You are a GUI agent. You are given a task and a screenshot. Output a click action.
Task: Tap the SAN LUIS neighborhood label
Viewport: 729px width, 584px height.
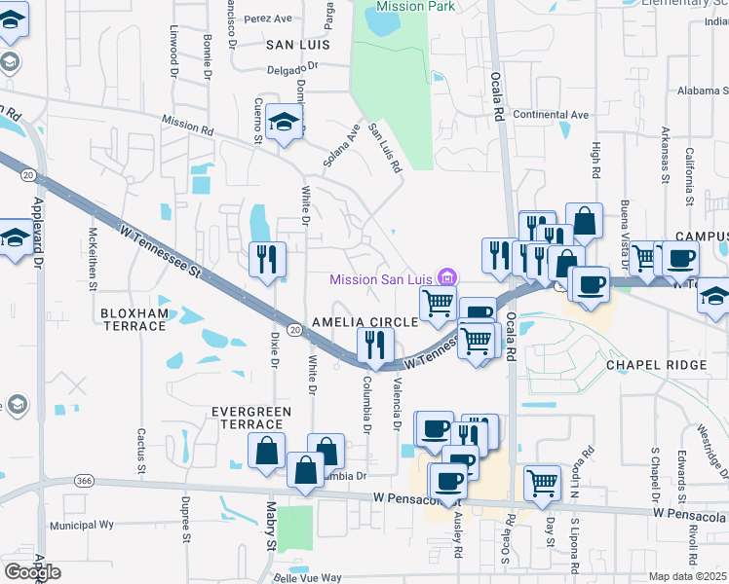[297, 45]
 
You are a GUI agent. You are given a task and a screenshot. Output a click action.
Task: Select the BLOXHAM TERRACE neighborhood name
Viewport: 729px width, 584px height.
[133, 319]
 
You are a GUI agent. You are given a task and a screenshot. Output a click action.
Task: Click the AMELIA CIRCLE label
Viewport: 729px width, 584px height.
[364, 322]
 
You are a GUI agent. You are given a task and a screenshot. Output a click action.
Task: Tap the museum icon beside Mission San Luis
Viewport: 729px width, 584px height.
[446, 277]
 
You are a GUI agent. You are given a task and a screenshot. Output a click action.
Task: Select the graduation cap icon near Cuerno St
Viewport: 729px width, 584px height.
[284, 122]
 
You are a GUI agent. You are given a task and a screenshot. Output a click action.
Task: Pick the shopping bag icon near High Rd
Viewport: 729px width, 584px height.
[585, 222]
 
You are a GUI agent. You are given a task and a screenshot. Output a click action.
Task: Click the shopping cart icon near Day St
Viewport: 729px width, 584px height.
[542, 481]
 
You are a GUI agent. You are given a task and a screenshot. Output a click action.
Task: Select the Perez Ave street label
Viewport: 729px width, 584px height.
[269, 18]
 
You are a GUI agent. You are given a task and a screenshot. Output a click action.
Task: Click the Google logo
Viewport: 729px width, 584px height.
[33, 572]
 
